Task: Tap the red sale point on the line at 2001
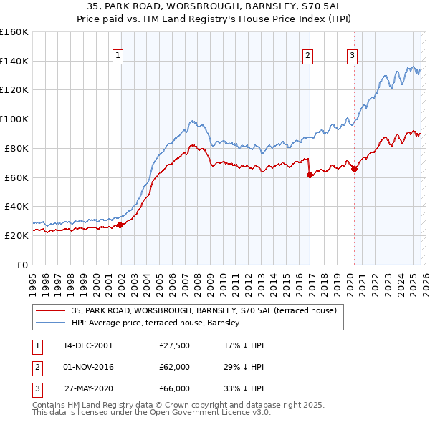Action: click(120, 225)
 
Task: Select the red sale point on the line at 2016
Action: click(310, 175)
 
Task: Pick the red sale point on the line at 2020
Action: click(354, 169)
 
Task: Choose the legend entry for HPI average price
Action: click(156, 323)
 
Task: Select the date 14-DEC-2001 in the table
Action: click(87, 345)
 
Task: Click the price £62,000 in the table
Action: click(174, 367)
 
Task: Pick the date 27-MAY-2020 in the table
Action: click(88, 388)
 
